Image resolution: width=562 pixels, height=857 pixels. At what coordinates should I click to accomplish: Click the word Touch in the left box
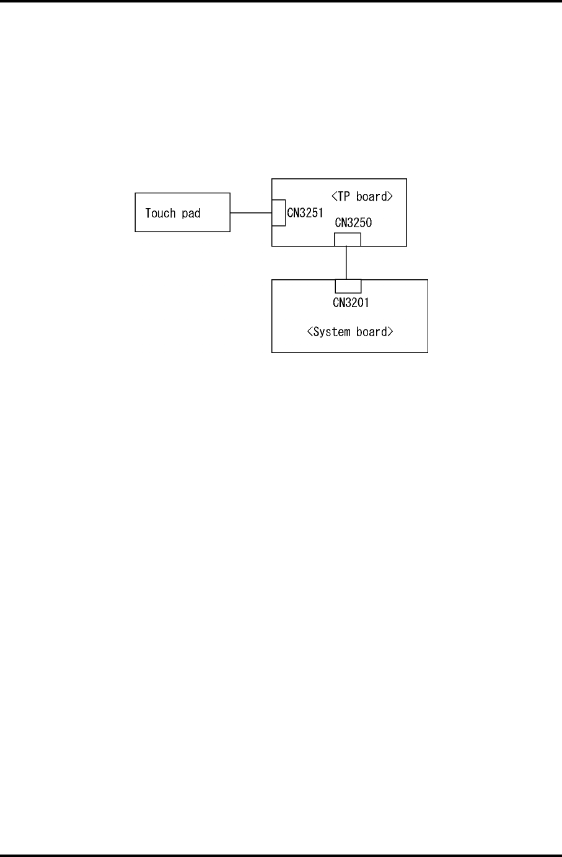click(x=160, y=213)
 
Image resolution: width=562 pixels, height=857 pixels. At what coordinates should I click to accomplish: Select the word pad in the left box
click(x=191, y=214)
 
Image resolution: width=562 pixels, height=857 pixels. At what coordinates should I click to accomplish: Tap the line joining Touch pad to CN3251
click(x=251, y=213)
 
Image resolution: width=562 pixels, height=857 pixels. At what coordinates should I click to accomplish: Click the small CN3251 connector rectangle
click(x=279, y=213)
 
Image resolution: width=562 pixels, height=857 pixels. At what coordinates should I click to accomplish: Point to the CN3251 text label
click(x=305, y=213)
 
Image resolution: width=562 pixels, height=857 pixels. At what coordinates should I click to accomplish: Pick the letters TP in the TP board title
click(x=344, y=197)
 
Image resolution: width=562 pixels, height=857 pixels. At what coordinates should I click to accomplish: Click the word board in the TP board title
click(x=371, y=197)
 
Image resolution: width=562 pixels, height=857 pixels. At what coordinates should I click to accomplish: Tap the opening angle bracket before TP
click(x=334, y=197)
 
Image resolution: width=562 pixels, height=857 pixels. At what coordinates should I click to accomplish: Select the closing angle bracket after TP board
click(x=390, y=197)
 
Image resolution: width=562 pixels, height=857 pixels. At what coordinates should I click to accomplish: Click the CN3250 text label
click(x=353, y=223)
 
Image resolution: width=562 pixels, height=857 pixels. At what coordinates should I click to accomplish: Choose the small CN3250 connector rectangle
click(x=347, y=240)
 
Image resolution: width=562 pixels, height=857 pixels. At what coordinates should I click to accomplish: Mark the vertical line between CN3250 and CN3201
click(x=346, y=263)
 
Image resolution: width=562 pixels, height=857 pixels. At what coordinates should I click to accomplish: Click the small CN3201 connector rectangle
click(x=348, y=286)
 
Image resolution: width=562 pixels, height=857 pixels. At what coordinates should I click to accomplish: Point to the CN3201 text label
click(x=351, y=303)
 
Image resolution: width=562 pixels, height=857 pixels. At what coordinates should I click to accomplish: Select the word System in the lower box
click(x=331, y=332)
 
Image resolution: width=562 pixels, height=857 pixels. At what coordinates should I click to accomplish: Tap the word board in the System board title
click(x=371, y=332)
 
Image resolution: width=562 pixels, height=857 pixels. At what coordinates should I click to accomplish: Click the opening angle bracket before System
click(x=310, y=332)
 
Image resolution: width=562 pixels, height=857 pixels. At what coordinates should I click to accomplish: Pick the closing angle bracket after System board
click(x=390, y=332)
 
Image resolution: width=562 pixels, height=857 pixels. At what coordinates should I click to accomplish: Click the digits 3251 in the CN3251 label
click(x=311, y=213)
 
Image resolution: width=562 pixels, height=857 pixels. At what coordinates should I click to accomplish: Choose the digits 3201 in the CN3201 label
click(x=357, y=303)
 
